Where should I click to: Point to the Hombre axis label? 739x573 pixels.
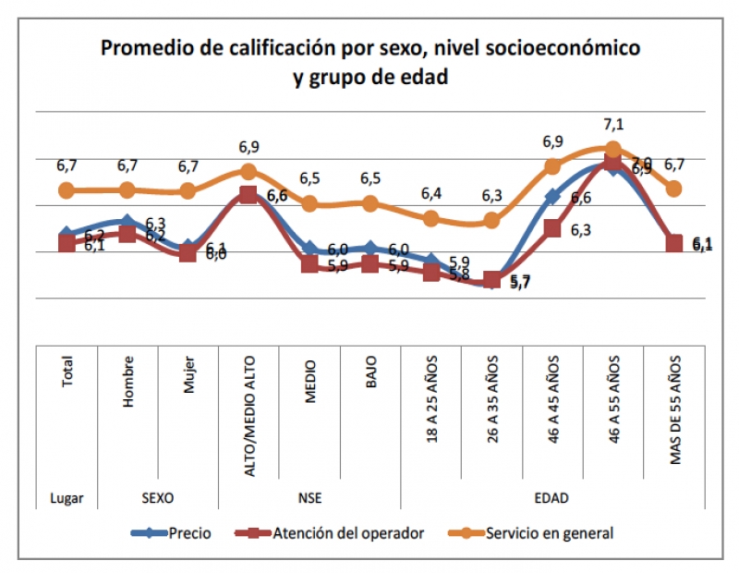[x=128, y=379]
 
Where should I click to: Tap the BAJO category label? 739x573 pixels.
[x=370, y=375]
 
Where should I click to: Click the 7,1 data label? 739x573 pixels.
[x=613, y=125]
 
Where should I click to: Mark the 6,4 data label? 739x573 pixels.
[x=431, y=194]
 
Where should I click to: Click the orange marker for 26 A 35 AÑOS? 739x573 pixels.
[x=492, y=221]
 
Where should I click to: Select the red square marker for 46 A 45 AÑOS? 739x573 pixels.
[x=552, y=228]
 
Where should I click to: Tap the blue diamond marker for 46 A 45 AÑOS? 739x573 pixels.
[x=552, y=197]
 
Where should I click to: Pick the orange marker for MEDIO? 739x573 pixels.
[x=310, y=203]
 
